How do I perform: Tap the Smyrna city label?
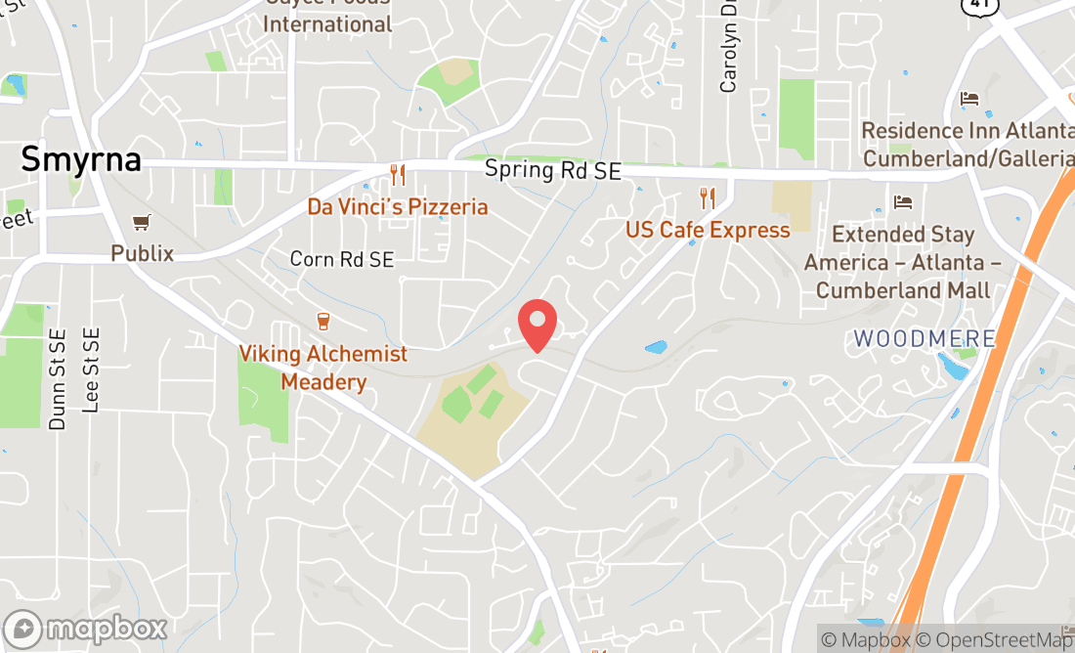81,158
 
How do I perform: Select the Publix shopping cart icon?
143,223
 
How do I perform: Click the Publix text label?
142,253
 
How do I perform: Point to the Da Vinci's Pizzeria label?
397,206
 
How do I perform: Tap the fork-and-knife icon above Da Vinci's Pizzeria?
398,175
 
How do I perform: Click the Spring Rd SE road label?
552,170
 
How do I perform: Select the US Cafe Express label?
708,230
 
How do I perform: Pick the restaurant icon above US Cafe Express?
709,198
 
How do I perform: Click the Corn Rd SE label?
342,259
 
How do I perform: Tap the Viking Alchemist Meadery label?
323,368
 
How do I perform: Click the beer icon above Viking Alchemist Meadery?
323,321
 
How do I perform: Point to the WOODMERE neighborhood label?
924,339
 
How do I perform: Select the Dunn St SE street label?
58,379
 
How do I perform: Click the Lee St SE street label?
92,370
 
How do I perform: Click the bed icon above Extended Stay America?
903,202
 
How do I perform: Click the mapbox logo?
85,628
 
